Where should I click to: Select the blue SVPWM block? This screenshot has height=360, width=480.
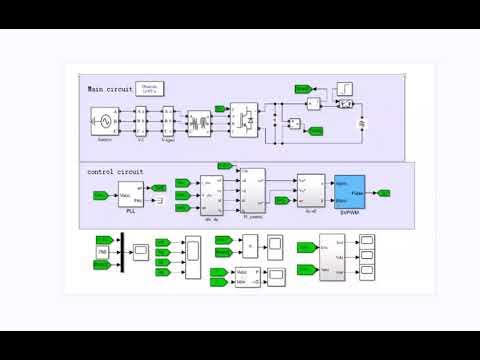click(x=351, y=187)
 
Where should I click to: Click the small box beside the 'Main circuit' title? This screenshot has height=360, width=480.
click(x=152, y=89)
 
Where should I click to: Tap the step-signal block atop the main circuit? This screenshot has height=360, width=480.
click(x=343, y=89)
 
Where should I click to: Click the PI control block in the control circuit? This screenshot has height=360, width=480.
click(x=252, y=187)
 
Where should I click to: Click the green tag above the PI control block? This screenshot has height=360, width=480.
click(x=224, y=164)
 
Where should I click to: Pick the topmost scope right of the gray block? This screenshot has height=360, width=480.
click(x=369, y=242)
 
